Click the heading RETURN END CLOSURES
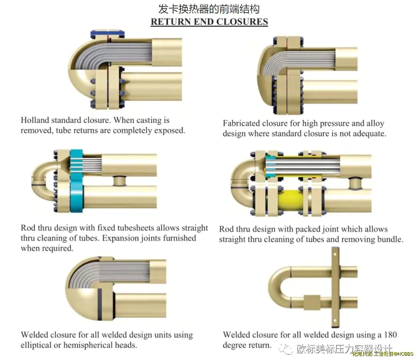pos(209,22)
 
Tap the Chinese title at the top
pos(209,8)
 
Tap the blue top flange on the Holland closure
pos(108,34)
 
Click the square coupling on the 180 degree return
pos(312,301)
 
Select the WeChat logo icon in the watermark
pos(287,349)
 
